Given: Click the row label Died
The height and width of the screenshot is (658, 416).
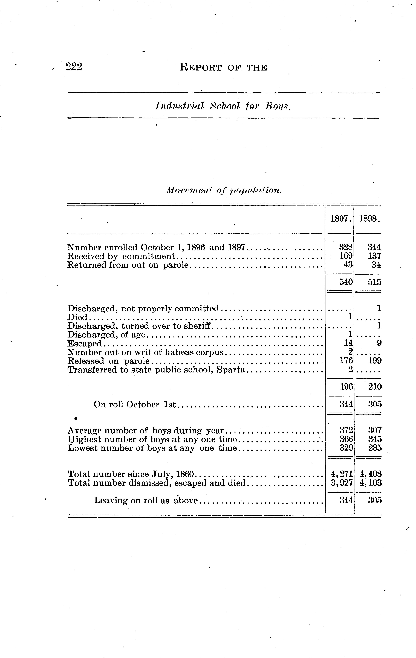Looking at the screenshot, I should tap(77, 317).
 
